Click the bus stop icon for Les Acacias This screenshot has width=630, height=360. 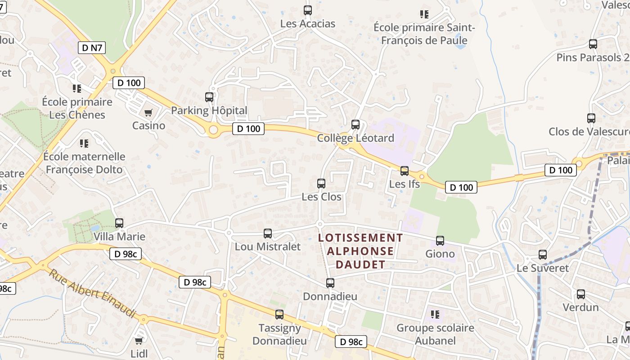click(x=308, y=10)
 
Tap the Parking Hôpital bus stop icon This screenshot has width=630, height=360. click(x=209, y=97)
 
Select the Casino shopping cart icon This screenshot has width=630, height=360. click(x=148, y=112)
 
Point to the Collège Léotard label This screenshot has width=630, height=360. click(x=355, y=138)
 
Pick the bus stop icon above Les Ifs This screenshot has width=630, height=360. click(x=405, y=171)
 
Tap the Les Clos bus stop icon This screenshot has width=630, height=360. click(x=321, y=184)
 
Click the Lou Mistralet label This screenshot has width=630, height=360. click(x=268, y=247)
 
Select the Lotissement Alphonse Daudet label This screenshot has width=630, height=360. click(x=360, y=251)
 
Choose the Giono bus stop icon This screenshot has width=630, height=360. click(x=440, y=241)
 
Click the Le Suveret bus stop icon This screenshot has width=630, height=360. click(x=543, y=255)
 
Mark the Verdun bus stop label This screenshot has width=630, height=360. click(x=581, y=307)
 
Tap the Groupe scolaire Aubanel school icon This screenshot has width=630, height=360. click(x=435, y=314)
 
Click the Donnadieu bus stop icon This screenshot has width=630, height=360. click(x=330, y=283)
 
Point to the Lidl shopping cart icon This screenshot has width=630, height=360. click(x=139, y=341)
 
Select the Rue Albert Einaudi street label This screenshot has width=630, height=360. click(x=92, y=293)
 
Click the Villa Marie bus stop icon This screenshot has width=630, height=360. click(x=119, y=223)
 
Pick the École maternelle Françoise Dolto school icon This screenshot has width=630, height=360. click(x=84, y=144)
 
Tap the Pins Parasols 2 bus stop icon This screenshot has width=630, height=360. click(x=593, y=44)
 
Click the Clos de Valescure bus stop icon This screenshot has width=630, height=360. click(x=591, y=118)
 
